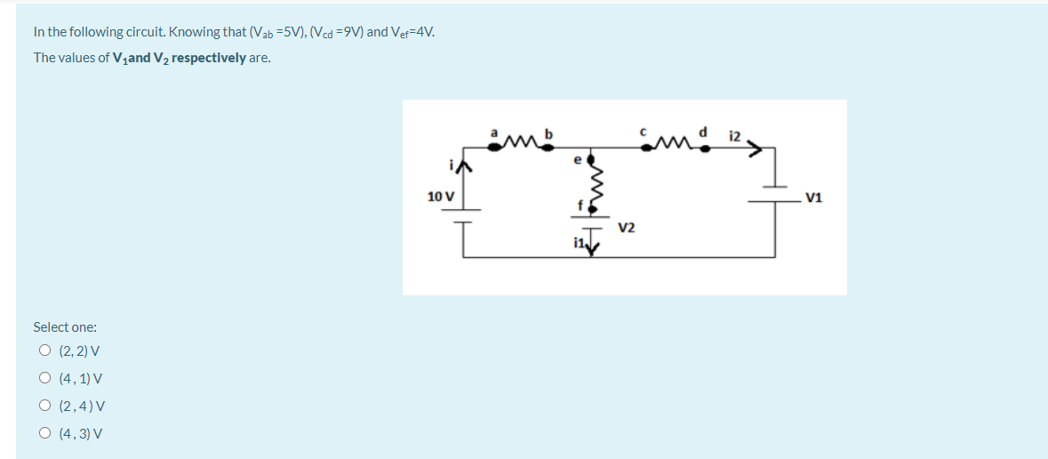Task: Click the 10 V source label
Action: tap(440, 196)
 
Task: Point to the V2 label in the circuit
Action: tap(627, 228)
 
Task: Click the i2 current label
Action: tap(734, 135)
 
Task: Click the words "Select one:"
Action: tap(65, 327)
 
